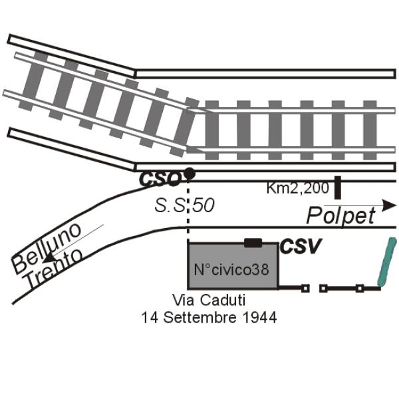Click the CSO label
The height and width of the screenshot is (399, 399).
(160, 179)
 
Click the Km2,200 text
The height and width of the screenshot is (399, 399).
(298, 189)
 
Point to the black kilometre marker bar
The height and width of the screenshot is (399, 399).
(337, 188)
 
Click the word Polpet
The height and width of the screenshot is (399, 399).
(341, 215)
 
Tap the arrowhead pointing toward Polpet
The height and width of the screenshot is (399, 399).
(389, 205)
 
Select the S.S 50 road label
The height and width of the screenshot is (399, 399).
(184, 205)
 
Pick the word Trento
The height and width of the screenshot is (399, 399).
(55, 269)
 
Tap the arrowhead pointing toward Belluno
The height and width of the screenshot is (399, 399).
(49, 257)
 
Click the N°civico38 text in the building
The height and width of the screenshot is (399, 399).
(231, 269)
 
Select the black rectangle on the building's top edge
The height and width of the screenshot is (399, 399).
(253, 243)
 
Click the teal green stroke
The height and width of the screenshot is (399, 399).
(386, 261)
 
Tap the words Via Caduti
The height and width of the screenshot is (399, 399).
(209, 300)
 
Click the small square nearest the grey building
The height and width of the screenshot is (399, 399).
(305, 289)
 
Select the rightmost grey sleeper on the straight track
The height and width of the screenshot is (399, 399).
(370, 130)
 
